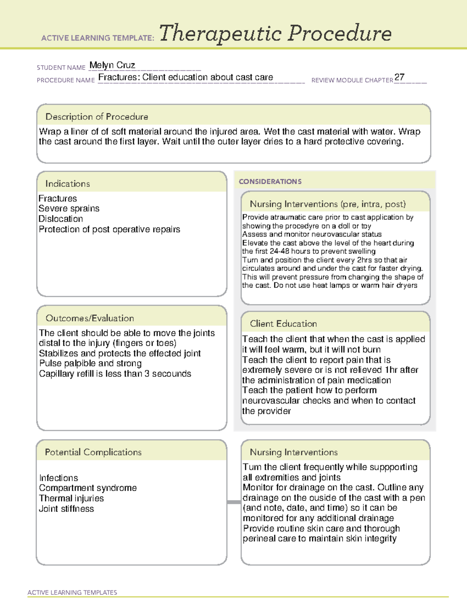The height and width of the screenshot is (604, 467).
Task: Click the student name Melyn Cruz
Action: click(x=112, y=65)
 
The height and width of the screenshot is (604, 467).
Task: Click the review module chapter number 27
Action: click(x=399, y=77)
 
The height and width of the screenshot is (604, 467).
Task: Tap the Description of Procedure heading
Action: click(x=97, y=117)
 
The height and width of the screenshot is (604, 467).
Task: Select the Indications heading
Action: click(x=67, y=184)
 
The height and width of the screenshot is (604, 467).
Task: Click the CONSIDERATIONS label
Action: click(x=270, y=182)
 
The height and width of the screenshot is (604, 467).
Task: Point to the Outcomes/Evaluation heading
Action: click(x=90, y=318)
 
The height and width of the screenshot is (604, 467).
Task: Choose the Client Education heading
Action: click(x=283, y=324)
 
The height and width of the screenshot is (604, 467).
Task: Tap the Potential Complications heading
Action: click(x=93, y=452)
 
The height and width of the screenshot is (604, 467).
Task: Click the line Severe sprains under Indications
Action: click(x=69, y=208)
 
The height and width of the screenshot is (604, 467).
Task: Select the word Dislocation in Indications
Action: click(x=61, y=219)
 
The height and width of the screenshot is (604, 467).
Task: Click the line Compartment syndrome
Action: click(x=88, y=488)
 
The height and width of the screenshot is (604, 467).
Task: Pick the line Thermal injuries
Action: click(x=72, y=498)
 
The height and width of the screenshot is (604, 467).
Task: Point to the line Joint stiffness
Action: click(x=67, y=509)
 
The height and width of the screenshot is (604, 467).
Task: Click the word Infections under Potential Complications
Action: click(x=59, y=478)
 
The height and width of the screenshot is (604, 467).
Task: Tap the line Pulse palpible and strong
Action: click(x=90, y=363)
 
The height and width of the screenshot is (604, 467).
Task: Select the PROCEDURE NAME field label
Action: click(x=66, y=80)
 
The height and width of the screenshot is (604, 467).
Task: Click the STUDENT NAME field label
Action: click(x=61, y=68)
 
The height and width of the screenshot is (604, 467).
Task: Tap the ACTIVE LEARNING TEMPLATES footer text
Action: click(x=72, y=592)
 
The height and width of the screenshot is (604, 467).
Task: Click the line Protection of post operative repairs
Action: click(x=109, y=229)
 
